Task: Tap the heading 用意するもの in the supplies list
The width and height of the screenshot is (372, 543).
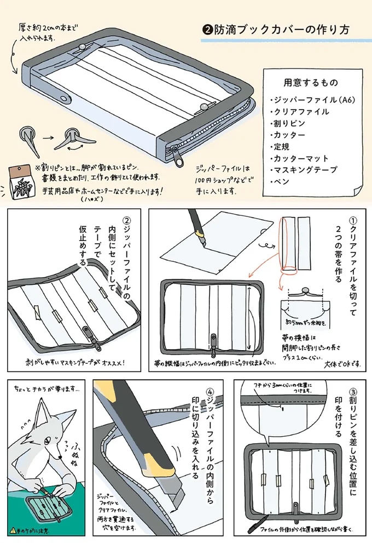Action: (x=310, y=83)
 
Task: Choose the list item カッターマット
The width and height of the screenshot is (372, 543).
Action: (x=301, y=158)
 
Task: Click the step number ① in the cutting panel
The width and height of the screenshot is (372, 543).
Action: (x=352, y=221)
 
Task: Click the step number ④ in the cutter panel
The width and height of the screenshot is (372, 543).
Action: (x=210, y=392)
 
